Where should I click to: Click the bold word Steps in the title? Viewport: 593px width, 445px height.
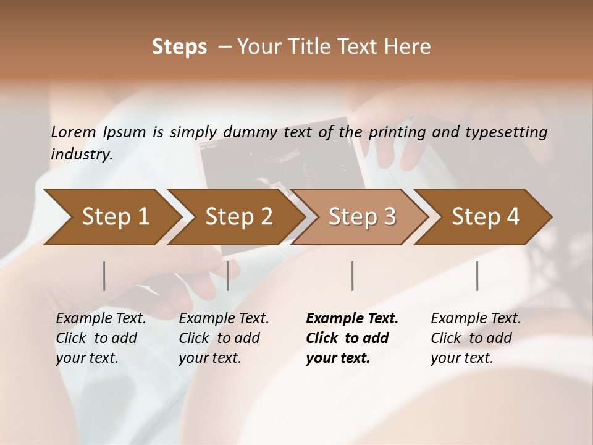coord(179,47)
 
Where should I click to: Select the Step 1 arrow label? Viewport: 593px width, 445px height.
coord(116,217)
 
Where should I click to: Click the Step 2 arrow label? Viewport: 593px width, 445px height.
coord(239,217)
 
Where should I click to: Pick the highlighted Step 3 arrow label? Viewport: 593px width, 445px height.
coord(363,217)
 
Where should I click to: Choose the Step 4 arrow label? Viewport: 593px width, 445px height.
coord(486,217)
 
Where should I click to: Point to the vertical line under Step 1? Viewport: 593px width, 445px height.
coord(104,276)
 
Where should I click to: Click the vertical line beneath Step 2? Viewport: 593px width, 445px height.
coord(228,276)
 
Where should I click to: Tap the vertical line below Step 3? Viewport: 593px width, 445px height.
coord(353,276)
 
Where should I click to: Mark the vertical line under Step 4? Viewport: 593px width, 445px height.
coord(477,276)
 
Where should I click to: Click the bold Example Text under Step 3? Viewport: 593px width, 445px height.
coord(352,319)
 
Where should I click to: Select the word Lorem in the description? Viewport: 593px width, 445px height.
coord(73,132)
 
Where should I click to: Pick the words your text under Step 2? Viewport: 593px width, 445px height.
coord(209,358)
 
